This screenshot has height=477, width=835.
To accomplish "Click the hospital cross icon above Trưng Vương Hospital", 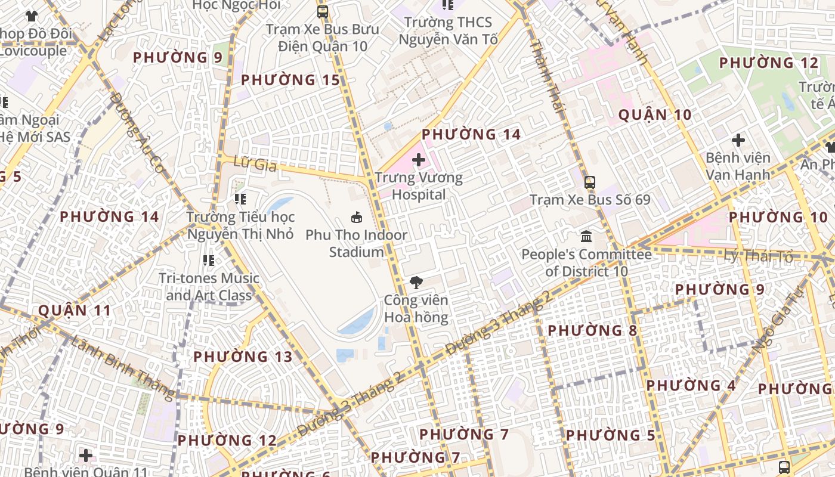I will (419, 160).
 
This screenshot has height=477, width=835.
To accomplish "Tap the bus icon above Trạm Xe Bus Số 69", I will (589, 182).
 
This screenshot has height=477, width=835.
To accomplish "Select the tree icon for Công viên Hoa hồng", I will (416, 283).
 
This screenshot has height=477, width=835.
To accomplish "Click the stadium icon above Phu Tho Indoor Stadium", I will (357, 218).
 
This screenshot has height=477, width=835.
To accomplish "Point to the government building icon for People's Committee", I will (586, 237).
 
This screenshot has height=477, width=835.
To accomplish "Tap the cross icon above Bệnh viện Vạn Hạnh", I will (738, 141).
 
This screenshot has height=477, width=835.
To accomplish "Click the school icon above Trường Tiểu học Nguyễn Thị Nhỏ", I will (240, 199).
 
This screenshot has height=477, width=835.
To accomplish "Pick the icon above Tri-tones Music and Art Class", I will (208, 260).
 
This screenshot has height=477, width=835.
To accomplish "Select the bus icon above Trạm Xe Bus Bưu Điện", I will (322, 11).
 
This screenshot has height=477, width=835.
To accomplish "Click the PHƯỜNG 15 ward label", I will (290, 80).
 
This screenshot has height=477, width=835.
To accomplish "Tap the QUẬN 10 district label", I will (655, 115).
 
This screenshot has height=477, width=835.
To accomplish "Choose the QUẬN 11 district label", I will (75, 311).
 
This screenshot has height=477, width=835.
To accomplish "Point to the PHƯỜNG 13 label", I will (243, 357).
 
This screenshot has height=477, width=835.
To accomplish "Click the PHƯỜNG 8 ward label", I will (592, 330).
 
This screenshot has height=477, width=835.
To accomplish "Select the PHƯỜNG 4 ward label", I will (691, 385).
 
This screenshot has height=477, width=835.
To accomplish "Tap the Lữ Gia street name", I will (249, 162).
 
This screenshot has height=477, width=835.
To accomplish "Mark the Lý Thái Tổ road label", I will (758, 256).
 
